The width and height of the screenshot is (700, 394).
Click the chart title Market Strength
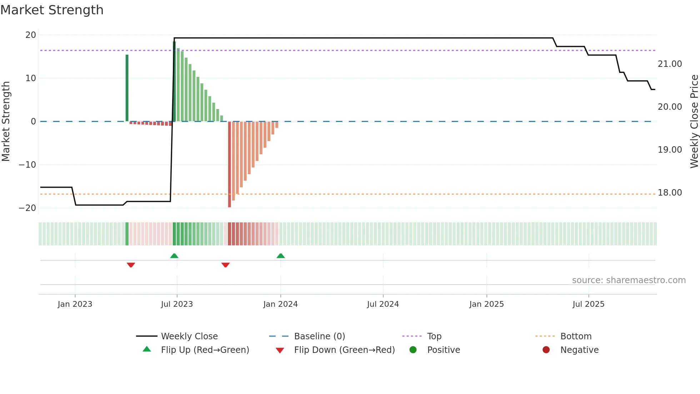click(52, 10)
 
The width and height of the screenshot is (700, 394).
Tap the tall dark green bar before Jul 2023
click(127, 88)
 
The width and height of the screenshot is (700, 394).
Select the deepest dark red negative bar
click(229, 164)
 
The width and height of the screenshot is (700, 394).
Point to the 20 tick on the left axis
click(31, 35)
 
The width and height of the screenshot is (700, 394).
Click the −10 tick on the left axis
click(27, 165)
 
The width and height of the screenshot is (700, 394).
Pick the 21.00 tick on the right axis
click(670, 64)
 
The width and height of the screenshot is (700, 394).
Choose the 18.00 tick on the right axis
click(670, 193)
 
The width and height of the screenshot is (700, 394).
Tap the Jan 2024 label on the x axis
click(280, 304)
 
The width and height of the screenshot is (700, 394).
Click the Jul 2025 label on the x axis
click(588, 304)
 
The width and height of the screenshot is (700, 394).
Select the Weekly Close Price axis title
click(694, 122)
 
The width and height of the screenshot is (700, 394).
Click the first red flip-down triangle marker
click(131, 265)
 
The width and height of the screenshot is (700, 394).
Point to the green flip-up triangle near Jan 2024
click(281, 256)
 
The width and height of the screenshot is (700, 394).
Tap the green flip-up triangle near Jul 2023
click(174, 256)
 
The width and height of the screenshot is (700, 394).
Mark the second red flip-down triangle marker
click(225, 265)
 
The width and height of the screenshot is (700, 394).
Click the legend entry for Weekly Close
click(189, 336)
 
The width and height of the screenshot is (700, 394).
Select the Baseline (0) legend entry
click(319, 336)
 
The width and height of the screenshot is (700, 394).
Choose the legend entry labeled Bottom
click(576, 336)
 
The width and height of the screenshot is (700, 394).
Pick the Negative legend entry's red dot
click(546, 350)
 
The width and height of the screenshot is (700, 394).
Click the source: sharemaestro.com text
click(629, 280)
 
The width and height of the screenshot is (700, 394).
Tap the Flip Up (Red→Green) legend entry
click(205, 350)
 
